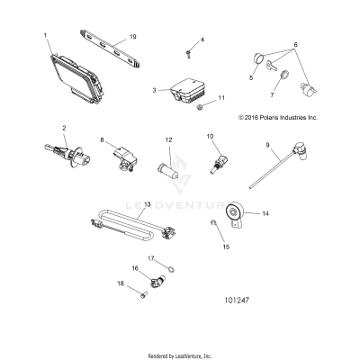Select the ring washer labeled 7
coord(282,76)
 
